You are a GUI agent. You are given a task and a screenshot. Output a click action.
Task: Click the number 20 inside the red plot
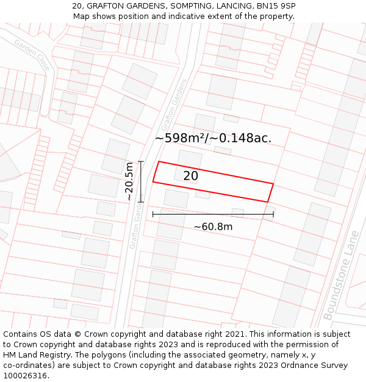point(191,176)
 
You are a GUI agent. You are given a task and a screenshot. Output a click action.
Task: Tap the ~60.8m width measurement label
point(213,227)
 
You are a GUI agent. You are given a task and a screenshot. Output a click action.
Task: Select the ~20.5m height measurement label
point(129,182)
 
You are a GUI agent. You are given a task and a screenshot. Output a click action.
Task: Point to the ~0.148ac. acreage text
point(240,138)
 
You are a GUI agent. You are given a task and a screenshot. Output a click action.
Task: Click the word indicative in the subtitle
point(195,17)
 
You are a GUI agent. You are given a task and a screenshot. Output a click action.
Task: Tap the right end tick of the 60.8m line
point(273,214)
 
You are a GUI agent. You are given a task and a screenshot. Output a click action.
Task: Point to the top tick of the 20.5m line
point(141,161)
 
